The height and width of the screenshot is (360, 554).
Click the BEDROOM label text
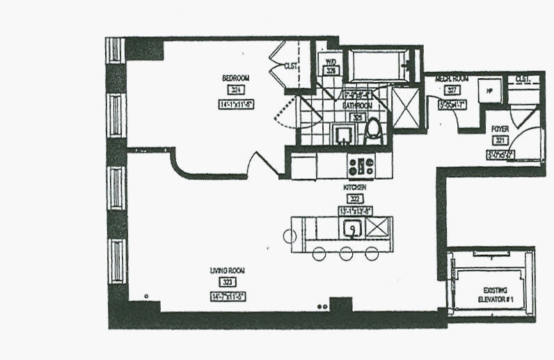point(235,78)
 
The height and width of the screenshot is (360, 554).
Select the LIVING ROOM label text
point(227,270)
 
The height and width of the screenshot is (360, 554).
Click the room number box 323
point(227,282)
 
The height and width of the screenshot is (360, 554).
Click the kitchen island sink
point(352,227)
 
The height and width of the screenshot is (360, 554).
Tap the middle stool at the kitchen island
point(346,253)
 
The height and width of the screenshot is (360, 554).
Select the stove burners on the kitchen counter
point(361,166)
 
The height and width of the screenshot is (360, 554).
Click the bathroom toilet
point(374,130)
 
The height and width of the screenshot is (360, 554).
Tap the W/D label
point(331,61)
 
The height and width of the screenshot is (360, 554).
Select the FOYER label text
point(499,130)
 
